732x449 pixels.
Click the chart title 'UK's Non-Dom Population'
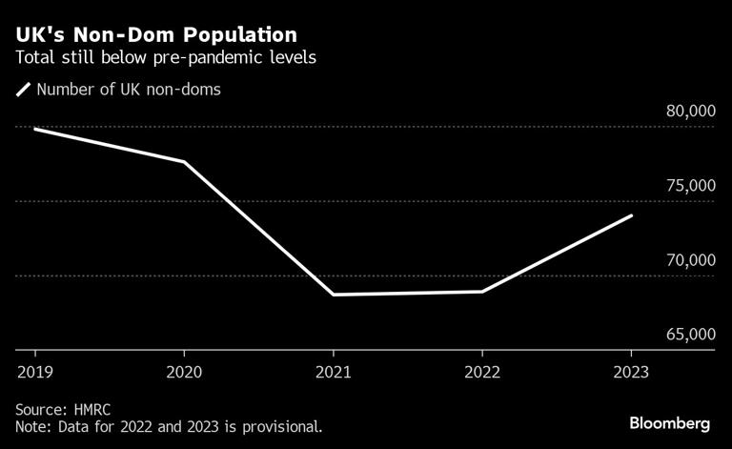155,34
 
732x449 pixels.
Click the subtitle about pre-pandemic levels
166,57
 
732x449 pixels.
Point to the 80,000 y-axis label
689,112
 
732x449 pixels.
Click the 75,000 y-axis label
689,186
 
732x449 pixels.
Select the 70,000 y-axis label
689,260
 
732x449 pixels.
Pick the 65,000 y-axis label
689,335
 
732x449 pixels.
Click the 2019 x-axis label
34,372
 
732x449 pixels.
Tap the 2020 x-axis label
184,372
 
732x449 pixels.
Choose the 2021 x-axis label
333,372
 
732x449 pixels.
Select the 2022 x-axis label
482,372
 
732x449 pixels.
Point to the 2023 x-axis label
631,372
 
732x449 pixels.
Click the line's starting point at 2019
34,128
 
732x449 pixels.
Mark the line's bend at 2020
184,162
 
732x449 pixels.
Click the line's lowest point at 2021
333,295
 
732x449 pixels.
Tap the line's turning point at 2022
482,292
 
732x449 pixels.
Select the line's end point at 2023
631,215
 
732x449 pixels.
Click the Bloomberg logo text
670,422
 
